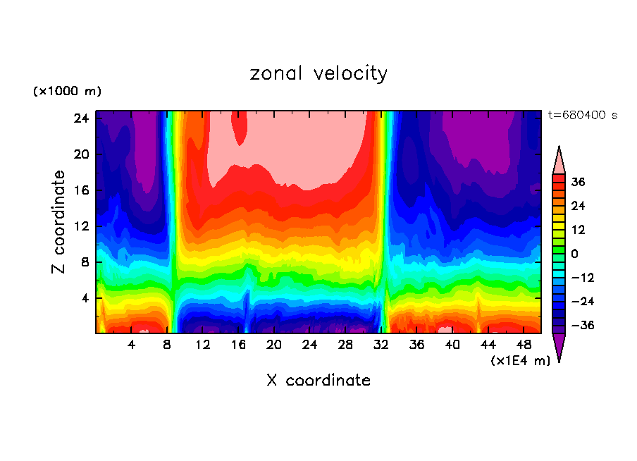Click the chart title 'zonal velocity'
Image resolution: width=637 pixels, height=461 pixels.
(318, 73)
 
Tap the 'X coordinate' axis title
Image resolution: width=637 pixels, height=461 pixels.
(318, 381)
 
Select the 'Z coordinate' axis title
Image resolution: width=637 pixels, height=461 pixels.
(59, 222)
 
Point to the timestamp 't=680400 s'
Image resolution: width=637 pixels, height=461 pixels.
(583, 115)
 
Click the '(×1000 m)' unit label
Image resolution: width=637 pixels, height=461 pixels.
(67, 92)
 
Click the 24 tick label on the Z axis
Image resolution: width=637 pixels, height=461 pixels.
(80, 118)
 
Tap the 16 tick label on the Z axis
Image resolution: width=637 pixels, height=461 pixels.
(80, 190)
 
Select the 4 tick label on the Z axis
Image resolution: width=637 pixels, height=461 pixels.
(84, 298)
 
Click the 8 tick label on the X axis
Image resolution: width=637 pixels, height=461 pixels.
(167, 345)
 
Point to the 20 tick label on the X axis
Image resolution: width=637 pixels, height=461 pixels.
(274, 345)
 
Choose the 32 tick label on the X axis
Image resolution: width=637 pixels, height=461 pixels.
(381, 345)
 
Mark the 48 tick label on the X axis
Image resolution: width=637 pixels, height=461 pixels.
(524, 345)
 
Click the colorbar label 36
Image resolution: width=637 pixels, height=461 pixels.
(579, 183)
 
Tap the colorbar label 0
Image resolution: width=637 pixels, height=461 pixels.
(575, 254)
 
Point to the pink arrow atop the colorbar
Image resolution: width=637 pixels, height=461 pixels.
(559, 161)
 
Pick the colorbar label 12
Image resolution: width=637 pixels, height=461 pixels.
(579, 230)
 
